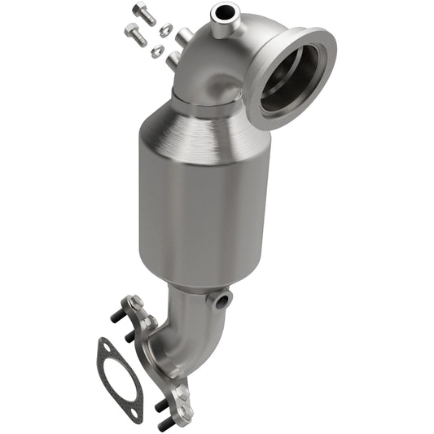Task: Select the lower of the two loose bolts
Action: point(134,33)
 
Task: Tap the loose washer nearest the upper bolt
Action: point(166,30)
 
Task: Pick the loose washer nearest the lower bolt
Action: point(158,51)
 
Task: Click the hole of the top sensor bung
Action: point(221,12)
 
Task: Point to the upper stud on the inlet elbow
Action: point(184,37)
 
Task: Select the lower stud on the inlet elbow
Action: point(173,59)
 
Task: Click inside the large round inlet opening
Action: point(290,78)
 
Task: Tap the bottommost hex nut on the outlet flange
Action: point(181,398)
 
